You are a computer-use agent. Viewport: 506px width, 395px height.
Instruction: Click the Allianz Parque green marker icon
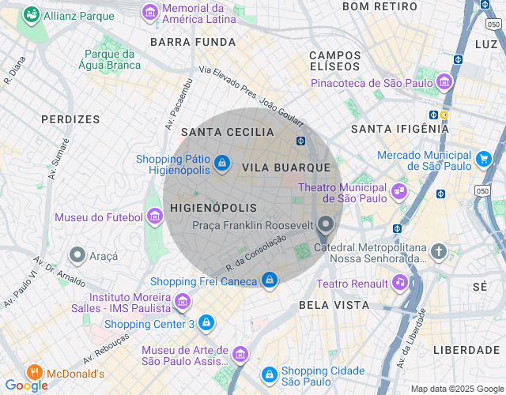click(32, 14)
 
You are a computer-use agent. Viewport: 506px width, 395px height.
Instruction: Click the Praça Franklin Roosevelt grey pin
click(325, 226)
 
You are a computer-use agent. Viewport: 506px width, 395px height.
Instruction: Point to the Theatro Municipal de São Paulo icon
click(399, 190)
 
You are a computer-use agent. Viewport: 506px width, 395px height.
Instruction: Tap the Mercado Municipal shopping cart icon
click(484, 160)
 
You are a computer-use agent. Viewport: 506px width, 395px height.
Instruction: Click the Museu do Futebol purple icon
click(155, 216)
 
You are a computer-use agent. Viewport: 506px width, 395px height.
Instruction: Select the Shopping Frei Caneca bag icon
click(270, 280)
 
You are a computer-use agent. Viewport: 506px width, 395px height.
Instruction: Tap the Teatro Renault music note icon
click(400, 282)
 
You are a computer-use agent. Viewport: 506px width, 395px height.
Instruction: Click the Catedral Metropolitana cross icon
click(439, 252)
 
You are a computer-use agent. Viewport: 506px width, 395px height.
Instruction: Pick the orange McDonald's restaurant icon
click(34, 372)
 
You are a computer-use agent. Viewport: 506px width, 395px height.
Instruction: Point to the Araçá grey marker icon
click(77, 255)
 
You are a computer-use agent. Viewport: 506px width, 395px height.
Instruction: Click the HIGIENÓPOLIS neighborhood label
click(213, 208)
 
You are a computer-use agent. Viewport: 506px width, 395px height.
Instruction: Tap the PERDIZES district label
click(71, 119)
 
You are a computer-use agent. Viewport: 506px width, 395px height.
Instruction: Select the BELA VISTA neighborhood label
click(333, 304)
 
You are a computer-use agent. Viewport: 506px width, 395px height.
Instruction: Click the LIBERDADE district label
click(466, 349)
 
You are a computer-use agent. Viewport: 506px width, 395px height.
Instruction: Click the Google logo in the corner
click(25, 385)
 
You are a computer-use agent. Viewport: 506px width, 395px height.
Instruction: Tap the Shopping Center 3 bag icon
click(206, 323)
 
